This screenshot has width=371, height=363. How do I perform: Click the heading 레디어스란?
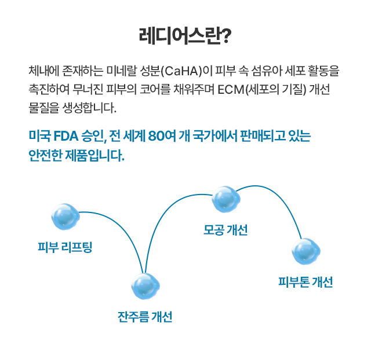coord(185,36)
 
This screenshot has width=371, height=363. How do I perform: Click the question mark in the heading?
coord(225,36)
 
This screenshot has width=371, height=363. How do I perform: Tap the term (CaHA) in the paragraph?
coord(181,71)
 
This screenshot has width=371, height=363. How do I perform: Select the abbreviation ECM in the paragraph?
coord(231,89)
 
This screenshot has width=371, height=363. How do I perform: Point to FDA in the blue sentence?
coord(66,136)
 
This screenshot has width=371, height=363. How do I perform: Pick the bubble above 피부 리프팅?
coord(66,217)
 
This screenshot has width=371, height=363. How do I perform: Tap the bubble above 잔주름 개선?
coord(146,286)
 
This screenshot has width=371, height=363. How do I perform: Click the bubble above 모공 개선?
coord(226,199)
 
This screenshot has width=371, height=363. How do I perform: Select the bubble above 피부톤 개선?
coord(305,251)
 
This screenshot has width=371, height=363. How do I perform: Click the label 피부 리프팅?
coord(65,247)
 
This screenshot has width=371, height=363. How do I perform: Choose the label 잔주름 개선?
coord(145,317)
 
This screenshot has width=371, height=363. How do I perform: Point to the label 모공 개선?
coord(225,230)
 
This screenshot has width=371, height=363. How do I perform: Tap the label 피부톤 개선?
coord(305,282)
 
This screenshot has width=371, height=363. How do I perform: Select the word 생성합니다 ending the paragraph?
coord(89,108)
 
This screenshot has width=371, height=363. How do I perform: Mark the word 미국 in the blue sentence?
coord(39,136)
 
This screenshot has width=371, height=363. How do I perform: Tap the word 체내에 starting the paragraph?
coord(43,71)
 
